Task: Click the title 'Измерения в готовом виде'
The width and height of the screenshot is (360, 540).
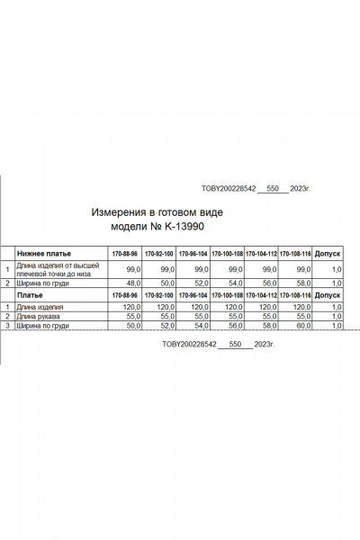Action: click(x=157, y=212)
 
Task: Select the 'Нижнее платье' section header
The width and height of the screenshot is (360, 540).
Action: click(x=44, y=255)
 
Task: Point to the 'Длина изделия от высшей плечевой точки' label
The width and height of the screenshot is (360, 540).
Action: click(x=56, y=269)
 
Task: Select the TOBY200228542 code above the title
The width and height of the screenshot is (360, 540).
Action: click(x=229, y=190)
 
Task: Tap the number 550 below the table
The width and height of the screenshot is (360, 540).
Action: click(x=236, y=345)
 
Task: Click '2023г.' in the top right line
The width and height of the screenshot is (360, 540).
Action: click(x=299, y=190)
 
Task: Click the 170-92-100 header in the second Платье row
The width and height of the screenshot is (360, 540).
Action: click(x=158, y=295)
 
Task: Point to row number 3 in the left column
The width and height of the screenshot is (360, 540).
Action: click(x=7, y=326)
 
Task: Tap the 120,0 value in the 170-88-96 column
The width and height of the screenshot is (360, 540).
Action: click(x=127, y=307)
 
